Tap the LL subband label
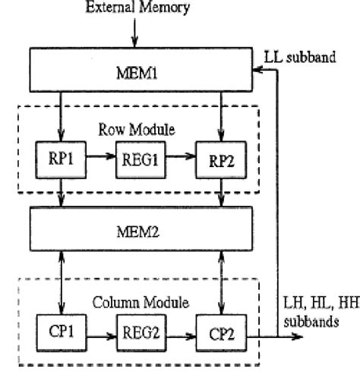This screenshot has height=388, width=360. [304, 58]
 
